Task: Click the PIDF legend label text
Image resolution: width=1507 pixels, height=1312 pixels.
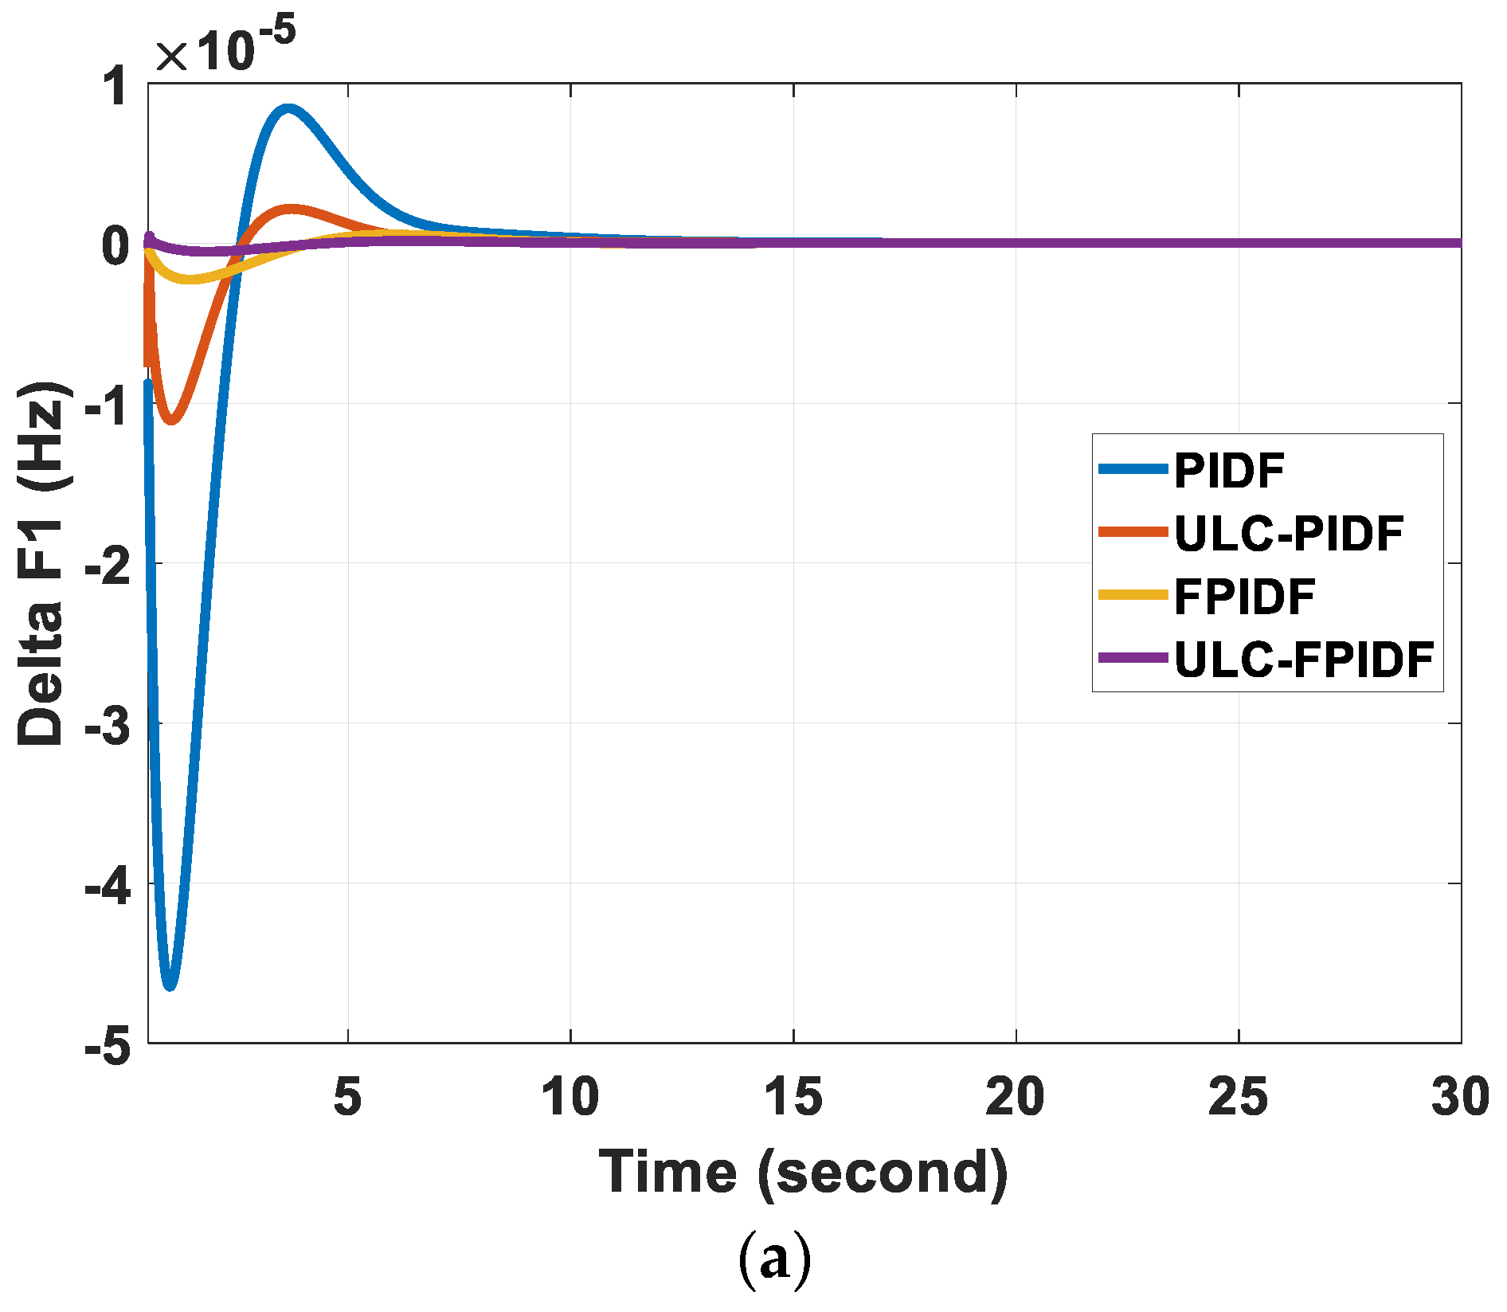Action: pos(1229,470)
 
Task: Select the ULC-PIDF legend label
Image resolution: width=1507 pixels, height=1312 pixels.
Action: pos(1288,533)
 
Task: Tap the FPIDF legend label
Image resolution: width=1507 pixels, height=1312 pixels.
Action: pos(1243,597)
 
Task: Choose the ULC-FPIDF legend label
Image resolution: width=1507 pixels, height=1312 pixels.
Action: pos(1304,660)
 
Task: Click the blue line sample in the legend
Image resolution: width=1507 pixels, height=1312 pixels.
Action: pos(1133,469)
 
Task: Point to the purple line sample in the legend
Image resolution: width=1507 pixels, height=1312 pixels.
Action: pos(1133,658)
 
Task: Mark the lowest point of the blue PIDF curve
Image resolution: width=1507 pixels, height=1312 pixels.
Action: pos(169,985)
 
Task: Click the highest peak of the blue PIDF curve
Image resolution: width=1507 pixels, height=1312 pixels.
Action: pos(288,109)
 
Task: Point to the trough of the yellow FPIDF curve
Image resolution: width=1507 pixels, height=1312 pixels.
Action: pos(189,278)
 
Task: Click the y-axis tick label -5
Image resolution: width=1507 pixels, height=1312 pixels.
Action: pos(107,1045)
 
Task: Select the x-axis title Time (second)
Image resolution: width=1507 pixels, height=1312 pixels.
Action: pos(803,1173)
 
